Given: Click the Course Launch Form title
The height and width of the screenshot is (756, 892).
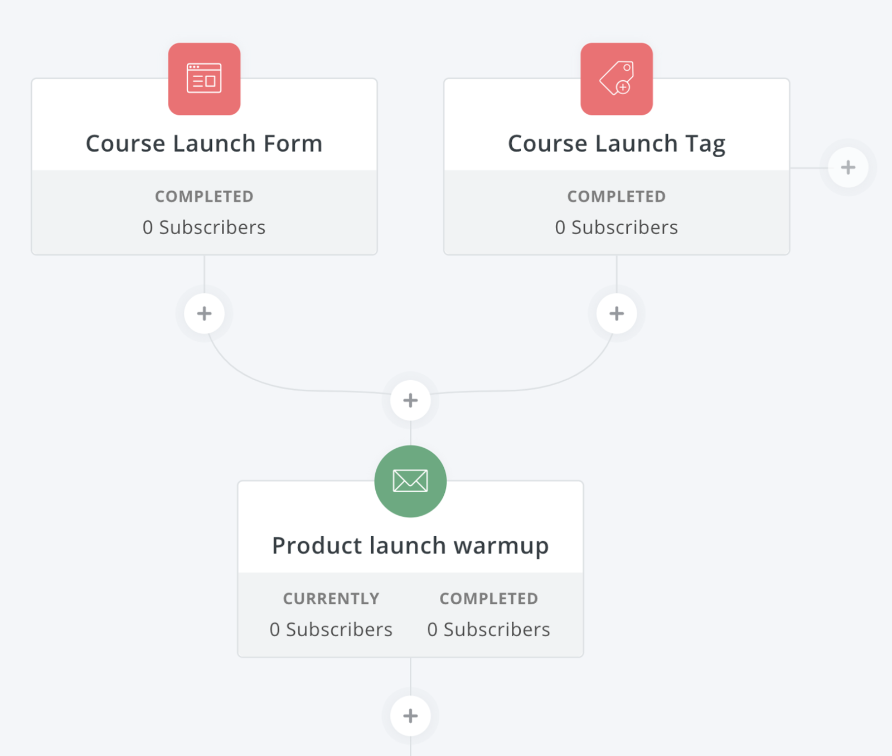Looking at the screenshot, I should [204, 144].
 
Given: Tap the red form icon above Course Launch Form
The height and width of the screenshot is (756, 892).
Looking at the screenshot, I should [204, 79].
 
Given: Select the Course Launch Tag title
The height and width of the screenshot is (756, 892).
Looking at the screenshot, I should [617, 144].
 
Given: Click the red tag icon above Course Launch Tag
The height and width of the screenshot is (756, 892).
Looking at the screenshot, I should [617, 79].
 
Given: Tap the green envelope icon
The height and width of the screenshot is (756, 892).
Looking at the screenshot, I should [410, 481].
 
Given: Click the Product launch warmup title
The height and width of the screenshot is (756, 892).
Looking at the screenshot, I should [410, 546].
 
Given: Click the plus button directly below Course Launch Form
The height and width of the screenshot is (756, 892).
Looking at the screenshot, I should [204, 313].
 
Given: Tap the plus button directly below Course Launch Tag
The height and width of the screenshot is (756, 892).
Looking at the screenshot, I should [617, 313].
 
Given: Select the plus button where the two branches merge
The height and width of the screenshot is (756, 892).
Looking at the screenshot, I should [410, 400].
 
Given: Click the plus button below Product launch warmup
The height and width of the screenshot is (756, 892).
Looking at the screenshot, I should [410, 716].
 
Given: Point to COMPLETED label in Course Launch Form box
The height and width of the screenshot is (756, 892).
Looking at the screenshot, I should [204, 196].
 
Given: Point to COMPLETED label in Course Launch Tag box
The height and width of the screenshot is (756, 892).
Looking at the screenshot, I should [617, 196].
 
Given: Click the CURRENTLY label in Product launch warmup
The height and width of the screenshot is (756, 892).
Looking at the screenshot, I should [331, 599].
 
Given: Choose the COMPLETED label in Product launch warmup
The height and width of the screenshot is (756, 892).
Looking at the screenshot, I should [489, 599].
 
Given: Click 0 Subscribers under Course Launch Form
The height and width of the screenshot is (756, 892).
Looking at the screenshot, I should [204, 227].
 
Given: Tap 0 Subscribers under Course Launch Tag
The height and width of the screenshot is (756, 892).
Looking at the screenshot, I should [617, 227].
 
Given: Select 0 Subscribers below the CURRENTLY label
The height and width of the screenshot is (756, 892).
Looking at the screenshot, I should [331, 629].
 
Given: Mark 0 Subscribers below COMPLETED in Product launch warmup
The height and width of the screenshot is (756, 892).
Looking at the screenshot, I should [489, 629].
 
